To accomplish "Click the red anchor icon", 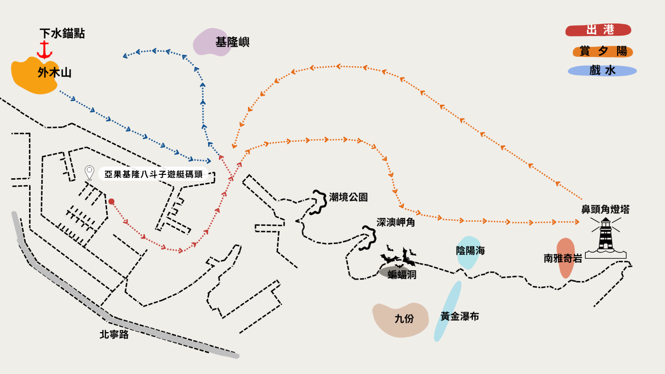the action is click(x=44, y=50).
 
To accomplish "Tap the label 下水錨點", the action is click(x=62, y=33).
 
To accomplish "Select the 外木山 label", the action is click(x=54, y=73).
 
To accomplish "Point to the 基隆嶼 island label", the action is click(x=232, y=42).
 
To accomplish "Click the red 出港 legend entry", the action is click(x=598, y=30).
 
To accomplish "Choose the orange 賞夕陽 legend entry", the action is click(x=603, y=51).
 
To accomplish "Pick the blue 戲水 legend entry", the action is click(x=602, y=71).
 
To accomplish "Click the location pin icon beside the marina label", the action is click(x=89, y=172).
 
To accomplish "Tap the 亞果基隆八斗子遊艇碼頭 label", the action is click(x=153, y=174).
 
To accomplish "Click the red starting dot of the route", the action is click(x=111, y=202).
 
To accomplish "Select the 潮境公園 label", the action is click(x=348, y=197).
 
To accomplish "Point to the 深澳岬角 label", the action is click(x=396, y=222).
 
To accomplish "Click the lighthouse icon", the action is click(x=606, y=238).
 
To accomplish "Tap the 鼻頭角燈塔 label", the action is click(x=605, y=210).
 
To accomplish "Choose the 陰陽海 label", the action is click(x=470, y=251).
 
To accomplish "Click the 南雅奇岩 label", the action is click(x=563, y=258).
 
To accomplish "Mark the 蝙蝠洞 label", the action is click(x=402, y=275).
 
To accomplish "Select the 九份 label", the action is click(x=404, y=319).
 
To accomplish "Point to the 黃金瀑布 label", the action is click(x=460, y=316).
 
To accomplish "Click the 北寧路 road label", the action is click(x=114, y=335).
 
